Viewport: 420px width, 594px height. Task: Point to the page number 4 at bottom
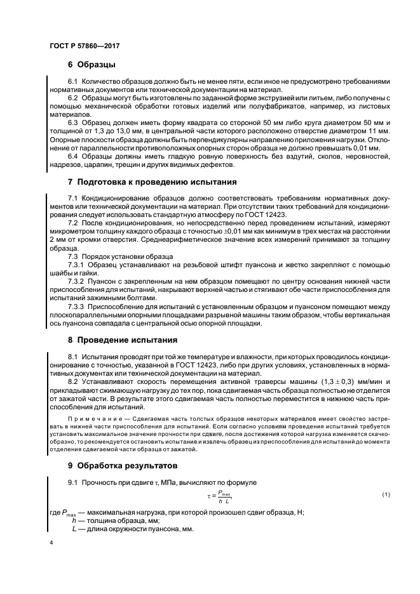pyautogui.click(x=51, y=543)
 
